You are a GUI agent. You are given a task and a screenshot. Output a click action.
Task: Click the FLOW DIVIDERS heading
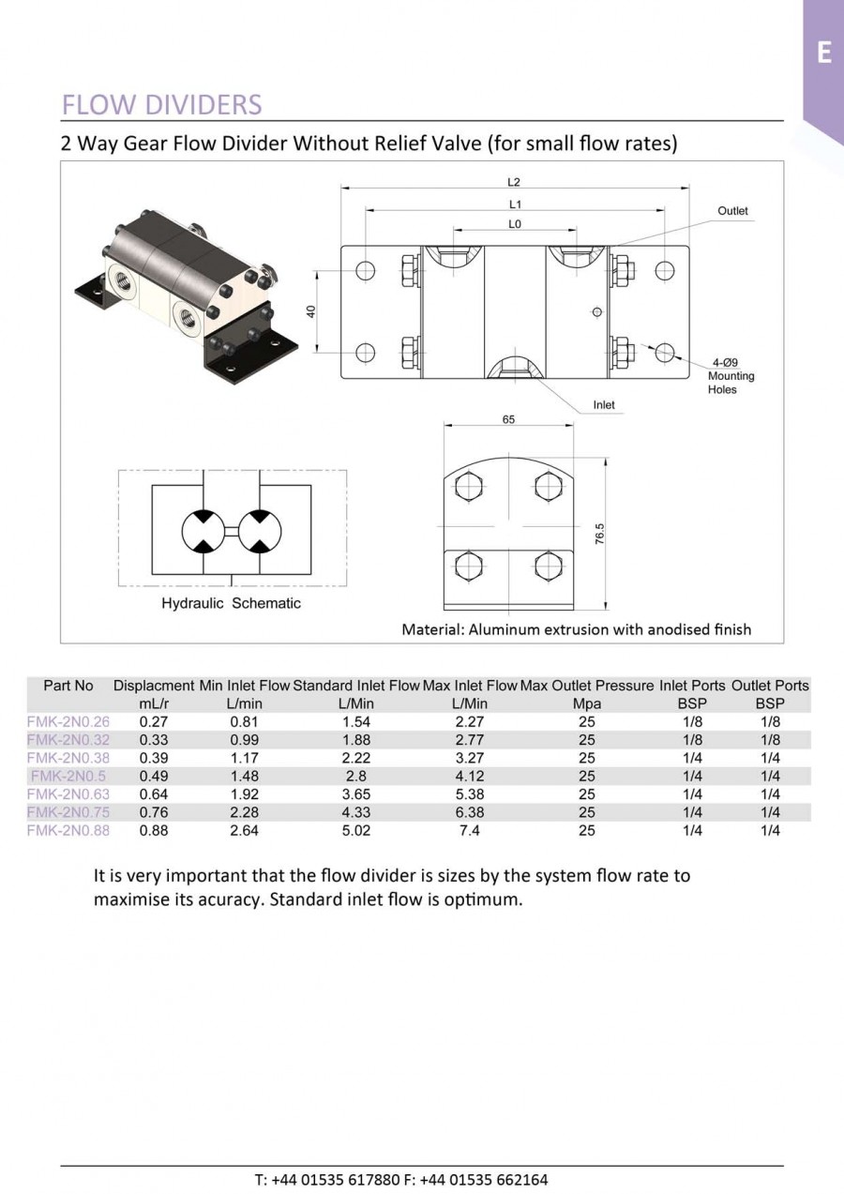coord(161,104)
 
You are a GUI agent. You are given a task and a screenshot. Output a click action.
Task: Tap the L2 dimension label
coord(514,182)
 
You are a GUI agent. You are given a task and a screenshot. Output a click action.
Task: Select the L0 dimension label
coord(514,224)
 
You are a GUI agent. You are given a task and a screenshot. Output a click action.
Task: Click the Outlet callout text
coord(732,211)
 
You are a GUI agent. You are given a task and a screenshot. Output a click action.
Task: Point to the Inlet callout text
coord(604,405)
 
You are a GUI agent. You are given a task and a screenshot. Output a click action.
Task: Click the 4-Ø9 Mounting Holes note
coord(731,376)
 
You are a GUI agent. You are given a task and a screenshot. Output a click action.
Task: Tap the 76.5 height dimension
coord(600,534)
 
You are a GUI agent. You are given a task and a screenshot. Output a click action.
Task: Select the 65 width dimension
coord(508,420)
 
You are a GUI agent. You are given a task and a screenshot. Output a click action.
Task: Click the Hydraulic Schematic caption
coord(231,603)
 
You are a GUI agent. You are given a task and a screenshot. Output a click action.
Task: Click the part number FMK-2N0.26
coord(68,722)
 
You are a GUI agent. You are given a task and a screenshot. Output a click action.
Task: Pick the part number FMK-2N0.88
coord(68,830)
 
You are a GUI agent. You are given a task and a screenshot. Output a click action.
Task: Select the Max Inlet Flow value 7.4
coord(470,830)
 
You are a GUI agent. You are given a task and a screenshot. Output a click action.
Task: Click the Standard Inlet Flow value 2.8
coord(355,776)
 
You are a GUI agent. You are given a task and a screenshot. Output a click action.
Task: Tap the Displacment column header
coord(154,686)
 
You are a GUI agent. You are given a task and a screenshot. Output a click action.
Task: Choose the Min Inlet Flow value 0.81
coord(245,722)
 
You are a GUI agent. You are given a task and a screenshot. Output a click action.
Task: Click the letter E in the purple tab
coord(823,53)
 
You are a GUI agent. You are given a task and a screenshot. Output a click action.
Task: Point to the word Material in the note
coord(430,629)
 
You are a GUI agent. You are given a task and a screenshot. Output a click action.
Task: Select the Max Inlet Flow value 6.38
coord(470,812)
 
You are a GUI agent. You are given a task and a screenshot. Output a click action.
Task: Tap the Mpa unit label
coord(586,703)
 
